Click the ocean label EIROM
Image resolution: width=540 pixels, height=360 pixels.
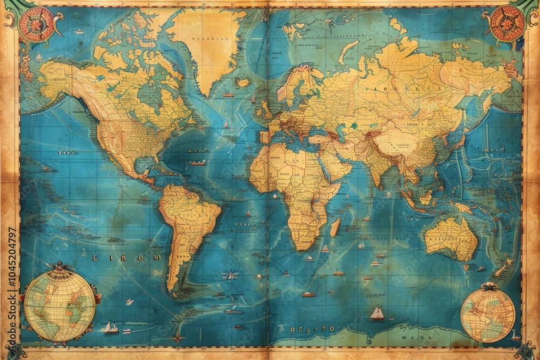(126, 258)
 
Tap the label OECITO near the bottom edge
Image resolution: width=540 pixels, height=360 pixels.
(312, 329)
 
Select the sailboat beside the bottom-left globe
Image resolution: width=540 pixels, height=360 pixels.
(111, 327)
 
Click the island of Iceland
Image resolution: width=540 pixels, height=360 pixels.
(244, 83)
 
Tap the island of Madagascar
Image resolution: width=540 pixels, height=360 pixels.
(335, 227)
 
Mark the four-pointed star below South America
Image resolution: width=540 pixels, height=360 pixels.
(177, 339)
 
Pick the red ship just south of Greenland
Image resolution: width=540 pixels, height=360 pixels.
(228, 95)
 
